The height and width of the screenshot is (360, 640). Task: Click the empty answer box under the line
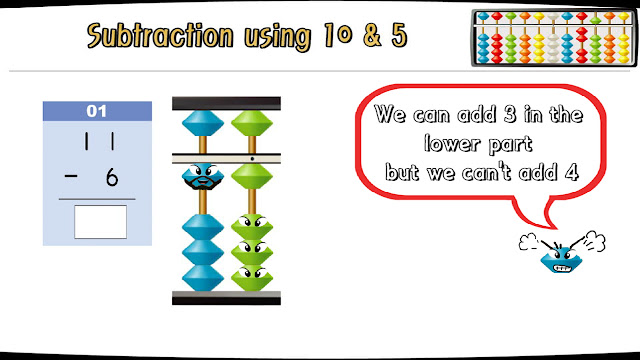pos(100,221)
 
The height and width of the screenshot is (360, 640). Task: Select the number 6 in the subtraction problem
pos(111,177)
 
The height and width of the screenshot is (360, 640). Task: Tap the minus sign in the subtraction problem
pos(69,177)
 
